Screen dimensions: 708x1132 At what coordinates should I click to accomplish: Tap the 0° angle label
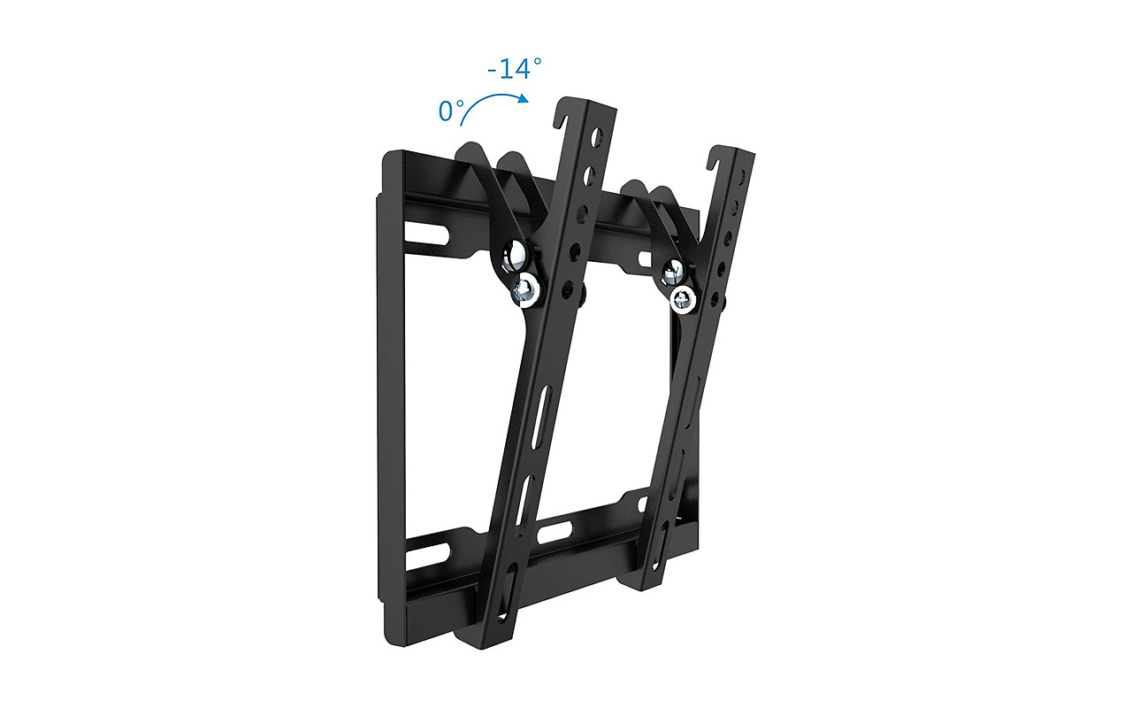(451, 112)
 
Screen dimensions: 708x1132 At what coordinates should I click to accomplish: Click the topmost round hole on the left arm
(599, 138)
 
